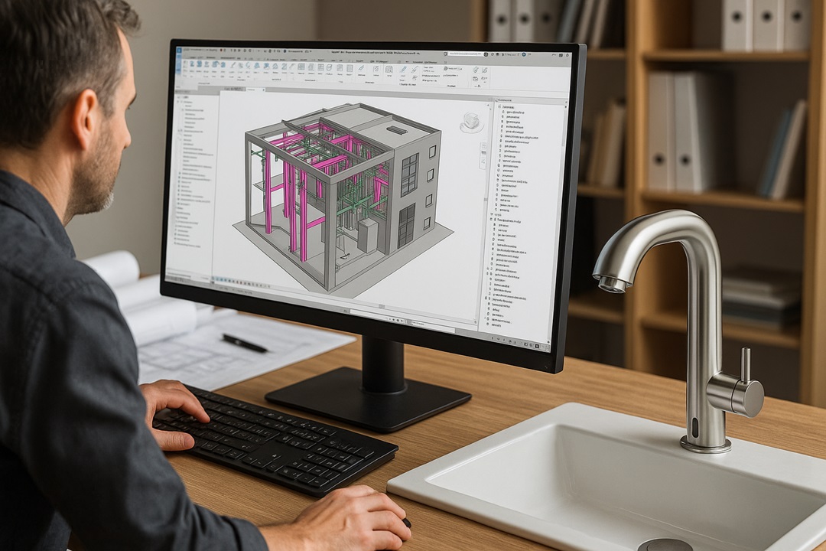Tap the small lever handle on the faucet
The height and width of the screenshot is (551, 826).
(744, 368)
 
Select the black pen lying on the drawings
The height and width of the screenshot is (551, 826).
(245, 343)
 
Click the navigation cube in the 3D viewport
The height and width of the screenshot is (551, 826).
(471, 122)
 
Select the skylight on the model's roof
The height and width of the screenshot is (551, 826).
(397, 131)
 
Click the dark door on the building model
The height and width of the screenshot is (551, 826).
(406, 226)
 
